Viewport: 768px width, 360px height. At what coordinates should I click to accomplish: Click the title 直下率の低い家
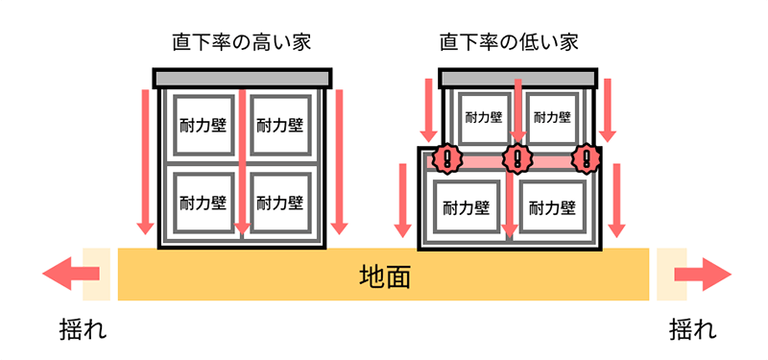[509, 42]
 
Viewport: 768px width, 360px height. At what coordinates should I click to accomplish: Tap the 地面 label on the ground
[384, 276]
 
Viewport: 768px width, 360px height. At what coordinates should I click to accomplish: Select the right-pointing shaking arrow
[700, 275]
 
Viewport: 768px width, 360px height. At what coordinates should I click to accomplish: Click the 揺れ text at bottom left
[83, 331]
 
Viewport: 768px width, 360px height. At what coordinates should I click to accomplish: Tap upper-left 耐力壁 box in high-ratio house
[204, 125]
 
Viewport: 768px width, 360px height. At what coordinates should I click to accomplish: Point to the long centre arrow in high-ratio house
[242, 163]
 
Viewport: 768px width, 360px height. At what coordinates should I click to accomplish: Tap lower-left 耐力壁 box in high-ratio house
[204, 203]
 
